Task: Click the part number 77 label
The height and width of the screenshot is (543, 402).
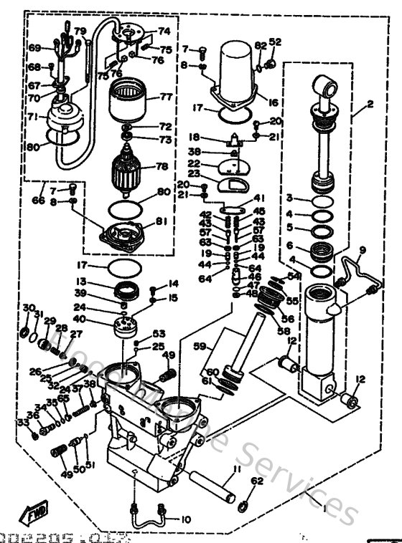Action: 165,96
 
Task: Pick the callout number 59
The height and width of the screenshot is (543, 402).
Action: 199,345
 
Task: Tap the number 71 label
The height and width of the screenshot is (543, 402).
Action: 34,115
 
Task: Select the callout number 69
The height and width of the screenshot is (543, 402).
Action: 33,48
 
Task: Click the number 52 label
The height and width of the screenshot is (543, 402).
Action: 276,42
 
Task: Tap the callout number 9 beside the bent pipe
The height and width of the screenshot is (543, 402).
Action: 362,250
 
